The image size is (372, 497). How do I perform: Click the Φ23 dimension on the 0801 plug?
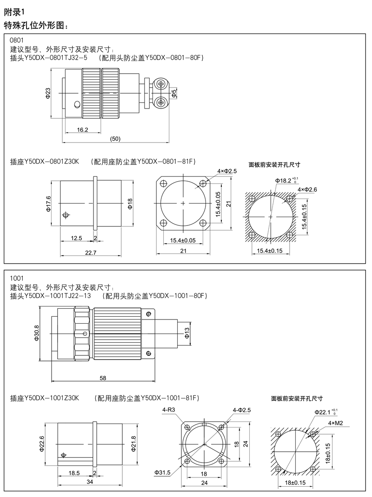(x=48, y=92)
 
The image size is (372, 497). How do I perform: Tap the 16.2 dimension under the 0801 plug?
(x=83, y=129)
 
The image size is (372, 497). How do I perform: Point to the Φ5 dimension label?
(x=173, y=93)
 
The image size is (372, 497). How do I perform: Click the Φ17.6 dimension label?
(x=48, y=204)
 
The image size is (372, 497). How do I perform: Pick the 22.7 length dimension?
(x=91, y=253)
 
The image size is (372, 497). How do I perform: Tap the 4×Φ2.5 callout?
(x=227, y=171)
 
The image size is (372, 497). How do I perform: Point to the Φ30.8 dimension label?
(x=37, y=334)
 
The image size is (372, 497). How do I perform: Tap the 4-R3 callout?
(x=168, y=409)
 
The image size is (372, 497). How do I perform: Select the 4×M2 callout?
(x=335, y=423)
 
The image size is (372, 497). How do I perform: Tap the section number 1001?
(x=16, y=278)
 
